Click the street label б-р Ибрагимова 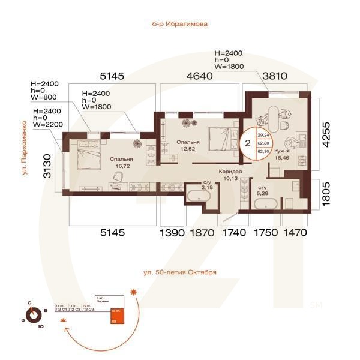pos(179,25)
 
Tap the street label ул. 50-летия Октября pos(179,272)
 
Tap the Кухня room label pos(282,152)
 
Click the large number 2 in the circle pos(246,144)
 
